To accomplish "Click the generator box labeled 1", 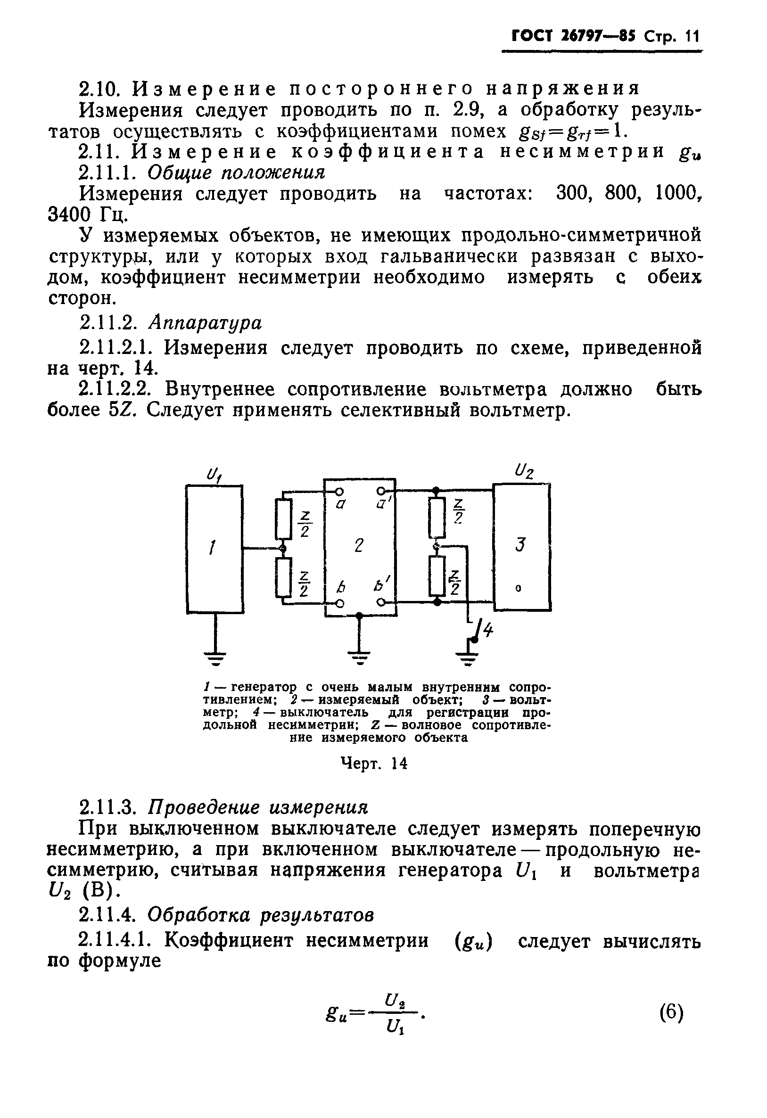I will point(214,549).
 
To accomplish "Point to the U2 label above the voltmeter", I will point(524,471).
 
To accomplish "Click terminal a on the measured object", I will point(339,492).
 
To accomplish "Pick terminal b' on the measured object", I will point(381,602).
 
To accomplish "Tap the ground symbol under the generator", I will point(215,657).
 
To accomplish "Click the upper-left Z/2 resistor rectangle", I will point(283,519).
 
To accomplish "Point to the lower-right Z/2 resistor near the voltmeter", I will point(437,576).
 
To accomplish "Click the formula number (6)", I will point(671,1012).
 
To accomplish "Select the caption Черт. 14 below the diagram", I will point(373,764).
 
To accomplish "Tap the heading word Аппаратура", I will point(205,323).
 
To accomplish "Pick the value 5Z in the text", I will point(119,411).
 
